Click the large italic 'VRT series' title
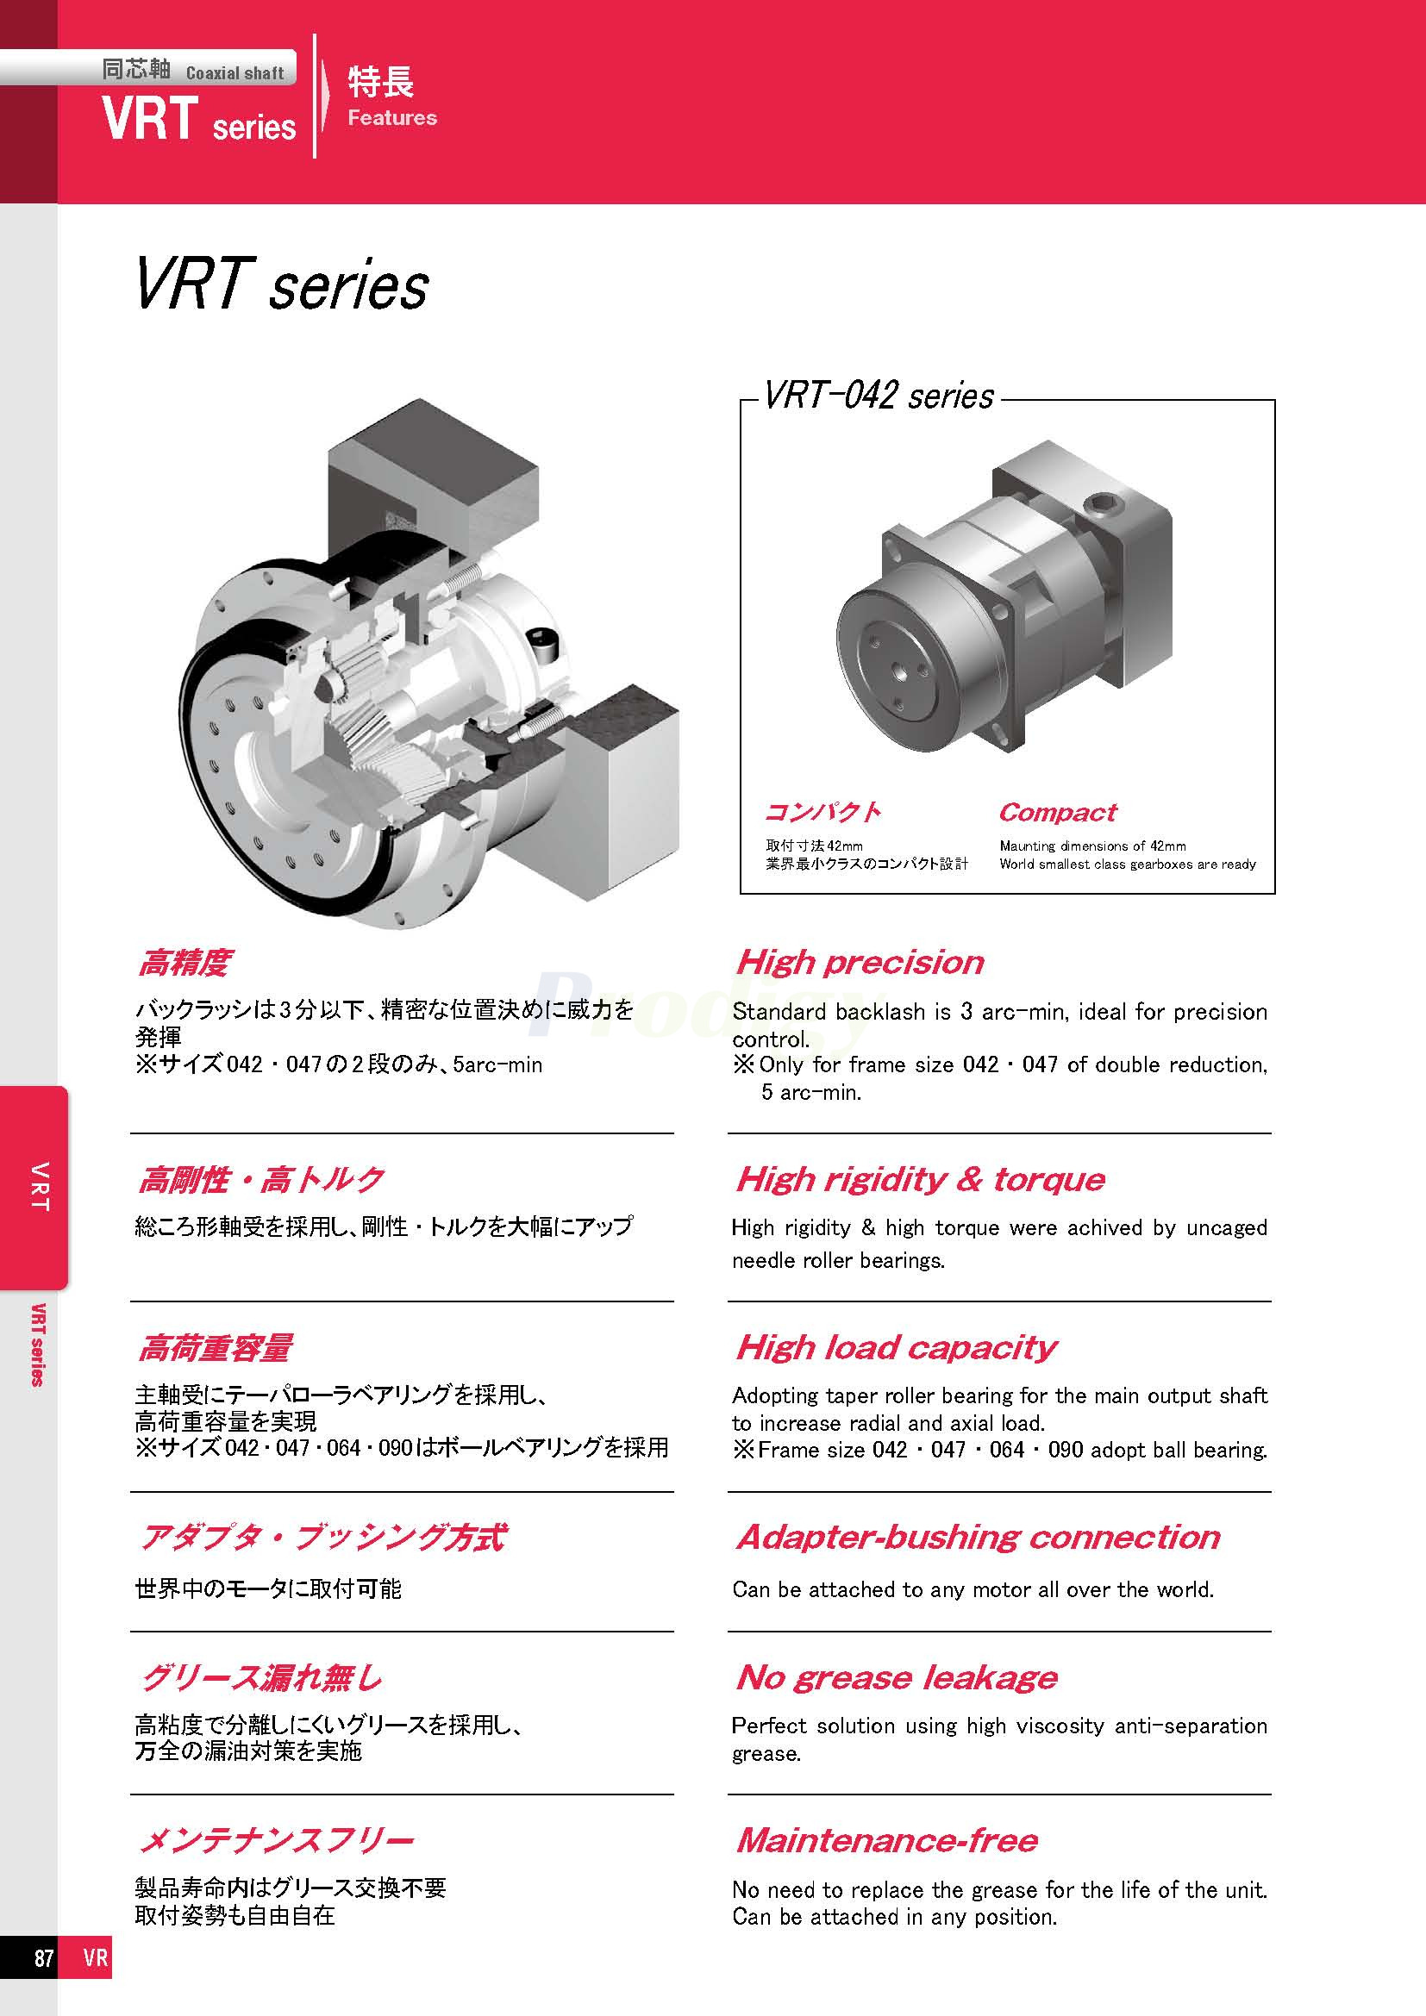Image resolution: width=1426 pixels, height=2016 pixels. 282,285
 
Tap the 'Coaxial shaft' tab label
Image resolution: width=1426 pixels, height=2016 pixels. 235,73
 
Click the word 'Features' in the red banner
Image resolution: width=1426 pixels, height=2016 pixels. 391,118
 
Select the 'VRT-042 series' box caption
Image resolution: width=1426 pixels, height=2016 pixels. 878,396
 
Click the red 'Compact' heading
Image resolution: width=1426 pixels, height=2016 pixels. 1057,812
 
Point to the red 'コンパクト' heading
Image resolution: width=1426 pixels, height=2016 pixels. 822,812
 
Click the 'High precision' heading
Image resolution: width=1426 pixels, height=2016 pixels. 860,963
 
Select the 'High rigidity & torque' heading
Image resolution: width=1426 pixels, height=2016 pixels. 920,1178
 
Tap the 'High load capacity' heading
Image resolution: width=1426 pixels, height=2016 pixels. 897,1347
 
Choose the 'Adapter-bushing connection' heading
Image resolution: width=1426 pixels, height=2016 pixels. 979,1537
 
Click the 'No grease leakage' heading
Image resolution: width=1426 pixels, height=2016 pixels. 897,1677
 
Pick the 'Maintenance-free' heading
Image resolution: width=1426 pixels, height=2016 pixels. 887,1839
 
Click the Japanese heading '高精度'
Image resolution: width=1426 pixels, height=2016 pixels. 185,964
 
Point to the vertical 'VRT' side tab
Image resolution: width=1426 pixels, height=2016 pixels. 39,1186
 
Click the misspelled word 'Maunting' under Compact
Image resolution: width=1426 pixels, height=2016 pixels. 1028,846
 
